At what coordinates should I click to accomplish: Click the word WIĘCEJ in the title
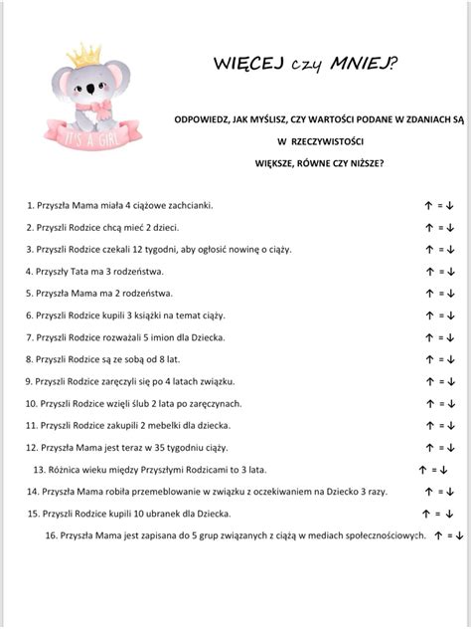pos(246,65)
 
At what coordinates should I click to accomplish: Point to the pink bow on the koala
pos(96,105)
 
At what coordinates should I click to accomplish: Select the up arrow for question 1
pos(426,205)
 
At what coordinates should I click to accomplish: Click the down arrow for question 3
pos(450,250)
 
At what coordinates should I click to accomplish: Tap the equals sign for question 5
pos(438,294)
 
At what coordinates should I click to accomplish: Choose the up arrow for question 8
pos(426,359)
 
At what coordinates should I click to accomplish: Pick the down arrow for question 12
pos(450,448)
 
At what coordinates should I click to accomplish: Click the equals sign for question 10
pos(438,403)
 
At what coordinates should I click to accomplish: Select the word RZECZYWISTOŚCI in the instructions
pos(312,140)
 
